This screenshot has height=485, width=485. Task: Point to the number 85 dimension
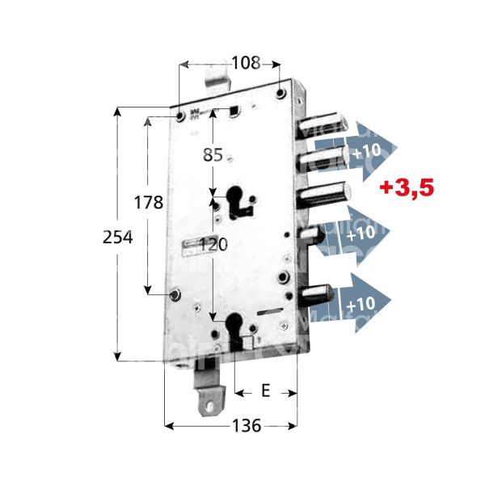point(213,155)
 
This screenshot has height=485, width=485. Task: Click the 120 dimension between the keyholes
point(213,245)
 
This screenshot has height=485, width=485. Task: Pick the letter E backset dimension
point(265,391)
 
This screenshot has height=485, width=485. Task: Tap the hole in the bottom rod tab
point(213,399)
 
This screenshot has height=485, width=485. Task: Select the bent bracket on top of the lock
point(216,78)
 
